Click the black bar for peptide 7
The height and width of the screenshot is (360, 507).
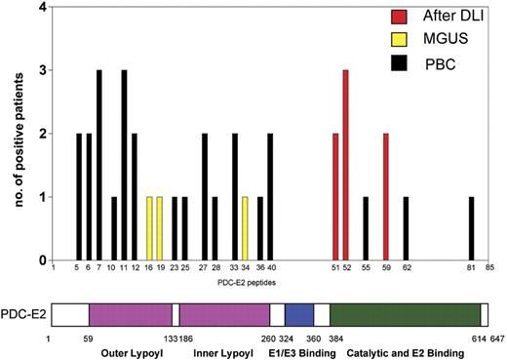coord(99,166)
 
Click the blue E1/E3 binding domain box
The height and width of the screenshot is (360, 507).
coord(299,314)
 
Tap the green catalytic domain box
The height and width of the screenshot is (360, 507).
coord(405,314)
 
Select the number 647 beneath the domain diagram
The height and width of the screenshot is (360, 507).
coord(496,337)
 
